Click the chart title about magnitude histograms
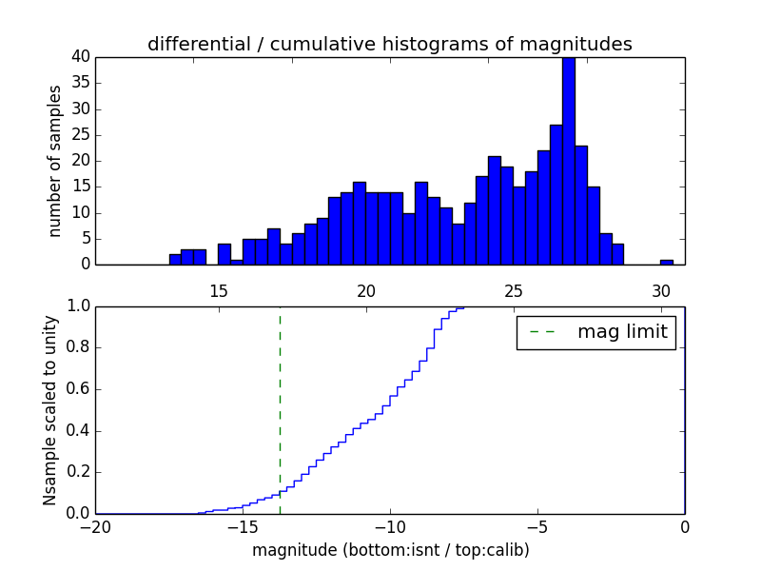coord(389,44)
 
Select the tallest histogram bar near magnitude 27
coord(568,162)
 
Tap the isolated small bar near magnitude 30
coord(667,262)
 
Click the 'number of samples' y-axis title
coord(55,161)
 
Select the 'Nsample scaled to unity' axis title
coord(50,410)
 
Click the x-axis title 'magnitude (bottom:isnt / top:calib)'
coord(390,550)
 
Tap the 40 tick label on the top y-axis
coord(80,57)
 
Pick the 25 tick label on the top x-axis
coord(514,290)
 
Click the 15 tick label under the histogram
coord(219,290)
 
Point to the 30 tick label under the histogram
coord(661,290)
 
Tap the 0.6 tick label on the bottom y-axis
coord(76,389)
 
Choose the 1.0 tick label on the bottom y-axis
coord(76,306)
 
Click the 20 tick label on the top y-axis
coord(80,161)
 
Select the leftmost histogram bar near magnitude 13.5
coord(175,259)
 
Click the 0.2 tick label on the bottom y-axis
coord(76,472)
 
